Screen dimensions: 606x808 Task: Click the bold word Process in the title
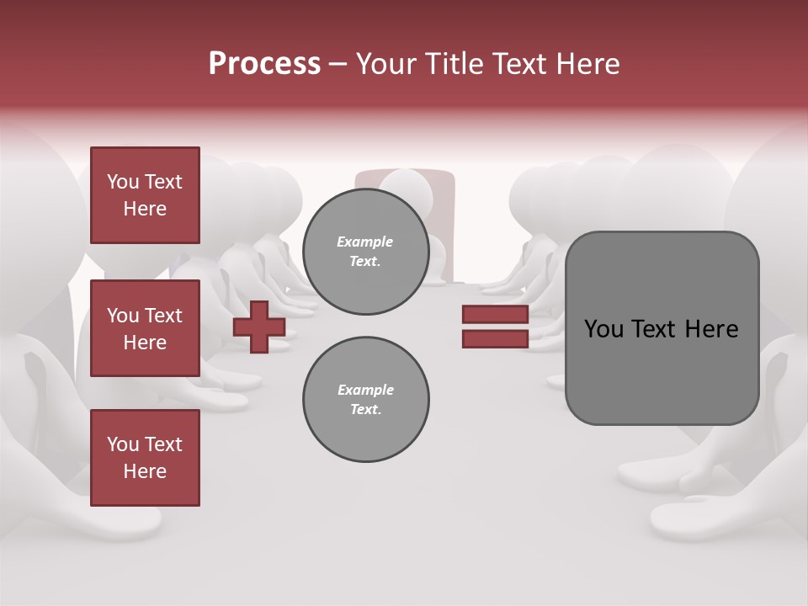pos(264,64)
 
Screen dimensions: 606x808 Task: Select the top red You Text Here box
pos(145,195)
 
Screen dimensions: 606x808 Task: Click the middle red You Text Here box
pos(145,328)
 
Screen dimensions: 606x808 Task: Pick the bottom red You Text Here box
pos(145,458)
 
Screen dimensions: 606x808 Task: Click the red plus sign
pos(259,327)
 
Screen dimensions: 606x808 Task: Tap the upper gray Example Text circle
pos(365,252)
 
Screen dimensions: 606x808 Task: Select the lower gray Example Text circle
pos(365,400)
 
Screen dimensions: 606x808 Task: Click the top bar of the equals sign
pos(495,315)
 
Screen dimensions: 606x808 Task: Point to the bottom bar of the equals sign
pos(495,338)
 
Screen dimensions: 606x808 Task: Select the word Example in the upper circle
pos(365,242)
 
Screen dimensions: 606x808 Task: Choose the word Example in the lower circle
pos(365,391)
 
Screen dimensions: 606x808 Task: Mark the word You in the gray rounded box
pos(603,329)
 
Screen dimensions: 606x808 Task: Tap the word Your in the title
pos(386,64)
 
